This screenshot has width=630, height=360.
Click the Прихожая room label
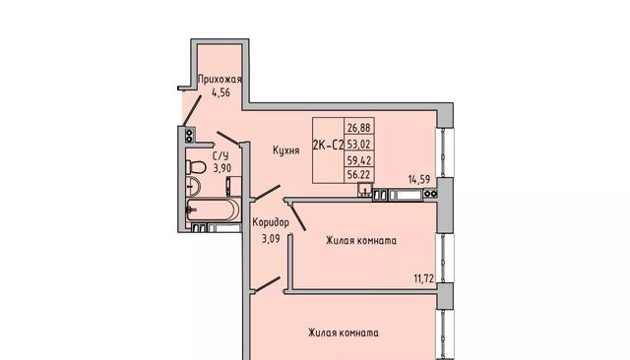pos(220,80)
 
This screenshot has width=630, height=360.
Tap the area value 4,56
pos(220,92)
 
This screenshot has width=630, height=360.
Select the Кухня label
pos(286,150)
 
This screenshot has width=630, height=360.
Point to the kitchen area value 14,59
pos(419,179)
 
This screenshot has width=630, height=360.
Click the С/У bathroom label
pos(220,156)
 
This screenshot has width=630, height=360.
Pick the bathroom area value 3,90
pos(222,167)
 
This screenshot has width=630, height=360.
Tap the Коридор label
pos(271,222)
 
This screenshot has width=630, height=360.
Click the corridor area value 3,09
pos(272,239)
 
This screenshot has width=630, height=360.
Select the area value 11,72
pos(424,278)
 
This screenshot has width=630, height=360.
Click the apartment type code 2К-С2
pos(328,145)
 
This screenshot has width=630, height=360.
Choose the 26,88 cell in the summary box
pos(358,128)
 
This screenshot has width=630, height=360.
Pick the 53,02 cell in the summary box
pos(358,144)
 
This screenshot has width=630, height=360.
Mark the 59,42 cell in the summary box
pos(358,160)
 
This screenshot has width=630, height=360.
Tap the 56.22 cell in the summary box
pos(358,174)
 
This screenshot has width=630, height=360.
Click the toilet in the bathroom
pos(196,167)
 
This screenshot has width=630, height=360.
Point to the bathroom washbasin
pos(193,186)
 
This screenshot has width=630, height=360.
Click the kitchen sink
pos(365,190)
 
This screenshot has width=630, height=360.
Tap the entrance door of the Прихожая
pos(192,111)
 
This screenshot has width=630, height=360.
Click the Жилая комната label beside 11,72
pos(361,241)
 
